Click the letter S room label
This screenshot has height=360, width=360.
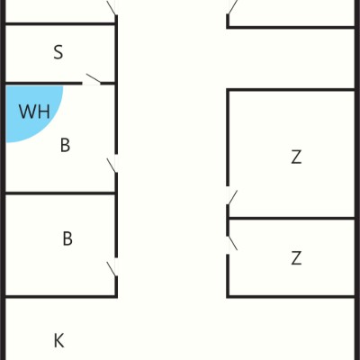[58, 52]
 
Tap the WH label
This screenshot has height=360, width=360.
[34, 112]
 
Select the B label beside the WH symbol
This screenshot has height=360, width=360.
[65, 145]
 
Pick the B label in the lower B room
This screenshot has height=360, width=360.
[67, 238]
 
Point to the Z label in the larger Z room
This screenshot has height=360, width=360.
[296, 157]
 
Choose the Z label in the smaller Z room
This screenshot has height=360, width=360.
[296, 258]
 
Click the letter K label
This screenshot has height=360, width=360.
[58, 340]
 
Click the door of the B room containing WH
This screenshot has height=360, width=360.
[112, 165]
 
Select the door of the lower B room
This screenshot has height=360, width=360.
[112, 267]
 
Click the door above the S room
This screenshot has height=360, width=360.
[112, 7]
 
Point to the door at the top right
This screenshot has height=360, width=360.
[231, 7]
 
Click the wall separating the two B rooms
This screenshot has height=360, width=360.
[60, 193]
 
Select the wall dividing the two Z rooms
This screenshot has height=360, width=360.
[292, 218]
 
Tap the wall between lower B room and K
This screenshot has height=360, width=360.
[60, 297]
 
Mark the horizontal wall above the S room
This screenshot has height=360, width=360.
[60, 23]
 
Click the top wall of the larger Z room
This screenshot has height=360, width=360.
[291, 90]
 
